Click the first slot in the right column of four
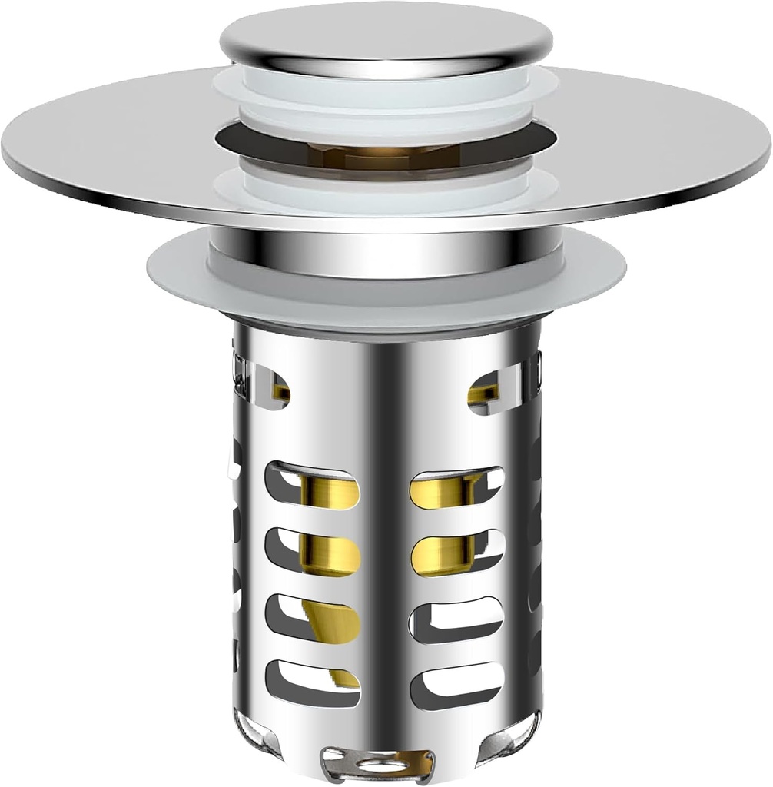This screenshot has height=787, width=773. [x=456, y=487]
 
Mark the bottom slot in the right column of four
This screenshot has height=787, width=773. [x=456, y=676]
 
